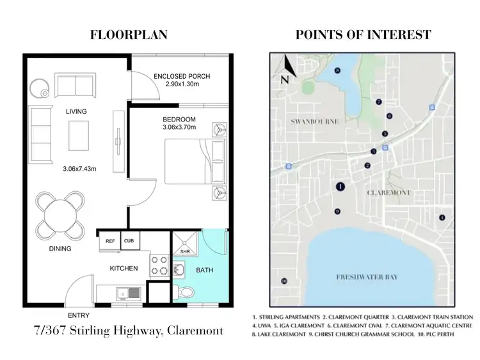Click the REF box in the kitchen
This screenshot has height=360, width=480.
tap(110, 241)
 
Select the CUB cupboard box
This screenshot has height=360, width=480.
tap(129, 241)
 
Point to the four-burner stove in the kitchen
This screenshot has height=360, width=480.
tap(158, 264)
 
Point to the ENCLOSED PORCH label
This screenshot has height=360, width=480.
tap(182, 77)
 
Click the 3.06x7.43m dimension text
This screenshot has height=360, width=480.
tap(79, 169)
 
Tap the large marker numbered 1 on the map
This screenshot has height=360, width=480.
tap(340, 187)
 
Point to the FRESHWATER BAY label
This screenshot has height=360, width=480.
tap(367, 277)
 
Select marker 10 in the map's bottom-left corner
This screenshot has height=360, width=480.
tap(284, 281)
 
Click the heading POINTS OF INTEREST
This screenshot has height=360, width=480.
tap(363, 35)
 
